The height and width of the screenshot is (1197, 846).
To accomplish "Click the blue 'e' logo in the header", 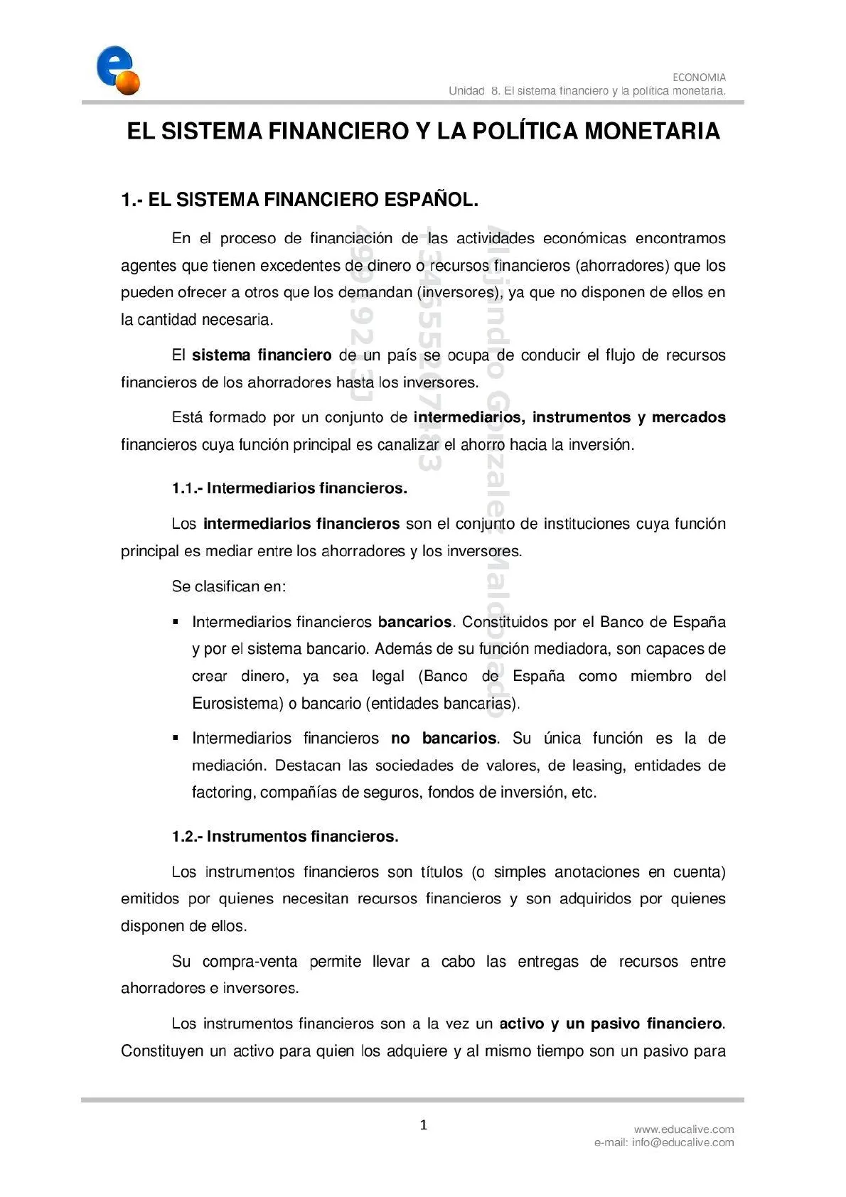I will pos(114,69).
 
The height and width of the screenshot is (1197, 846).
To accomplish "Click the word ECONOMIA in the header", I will pos(699,77).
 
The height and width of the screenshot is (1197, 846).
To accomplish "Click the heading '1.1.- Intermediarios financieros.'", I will pos(289,488).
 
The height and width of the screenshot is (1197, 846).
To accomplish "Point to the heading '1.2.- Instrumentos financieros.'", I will pos(285,837).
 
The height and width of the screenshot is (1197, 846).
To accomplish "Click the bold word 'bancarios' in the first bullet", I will pos(414,622).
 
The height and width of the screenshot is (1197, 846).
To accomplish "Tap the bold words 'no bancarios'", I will pos(444,739).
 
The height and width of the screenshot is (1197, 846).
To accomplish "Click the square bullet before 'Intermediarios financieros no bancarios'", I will pos(175,739).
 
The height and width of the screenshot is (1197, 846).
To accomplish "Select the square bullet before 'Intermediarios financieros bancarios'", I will pos(175,622).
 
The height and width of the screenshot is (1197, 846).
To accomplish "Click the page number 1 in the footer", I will pos(424,1124).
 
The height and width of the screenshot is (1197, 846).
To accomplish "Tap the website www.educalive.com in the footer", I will pos(684,1129).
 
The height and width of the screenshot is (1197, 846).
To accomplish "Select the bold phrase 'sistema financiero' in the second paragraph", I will pos(262,355).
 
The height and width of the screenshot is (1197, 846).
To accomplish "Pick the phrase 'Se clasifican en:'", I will pos(229,586).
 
